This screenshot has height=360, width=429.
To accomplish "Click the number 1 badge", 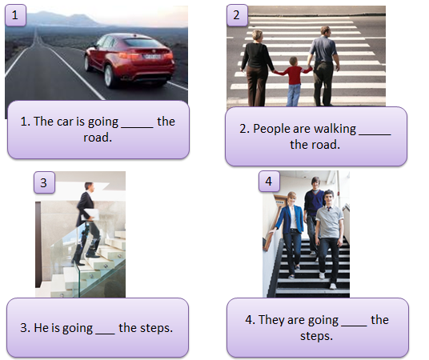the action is (15, 15).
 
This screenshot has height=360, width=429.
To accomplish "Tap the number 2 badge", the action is (237, 15).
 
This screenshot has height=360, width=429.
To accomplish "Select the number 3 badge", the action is (44, 182).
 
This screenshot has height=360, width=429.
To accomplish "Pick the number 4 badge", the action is (269, 181).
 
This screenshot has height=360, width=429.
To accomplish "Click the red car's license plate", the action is (152, 57).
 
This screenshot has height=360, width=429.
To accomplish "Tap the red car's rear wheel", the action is (109, 76).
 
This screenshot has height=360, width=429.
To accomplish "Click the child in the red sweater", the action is (293, 82).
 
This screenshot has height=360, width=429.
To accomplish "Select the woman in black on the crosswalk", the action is (256, 68).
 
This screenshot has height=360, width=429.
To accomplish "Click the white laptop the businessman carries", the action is (91, 214).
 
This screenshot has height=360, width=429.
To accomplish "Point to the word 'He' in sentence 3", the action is (41, 328).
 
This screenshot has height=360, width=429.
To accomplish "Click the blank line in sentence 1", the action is (137, 127).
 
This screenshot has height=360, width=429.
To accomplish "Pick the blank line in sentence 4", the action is (354, 326).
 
